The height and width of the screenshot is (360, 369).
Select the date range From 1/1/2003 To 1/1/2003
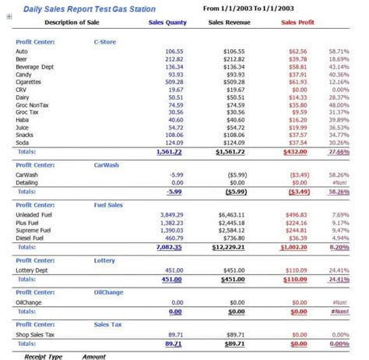253,8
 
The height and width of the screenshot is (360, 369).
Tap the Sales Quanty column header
167,23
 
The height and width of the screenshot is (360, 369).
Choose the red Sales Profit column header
298,23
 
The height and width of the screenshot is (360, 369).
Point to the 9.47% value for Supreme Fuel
340,231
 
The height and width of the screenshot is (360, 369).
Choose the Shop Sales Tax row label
35,333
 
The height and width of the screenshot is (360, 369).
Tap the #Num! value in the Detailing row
340,183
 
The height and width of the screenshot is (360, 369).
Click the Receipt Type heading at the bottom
44,355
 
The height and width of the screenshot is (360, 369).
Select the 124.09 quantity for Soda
174,143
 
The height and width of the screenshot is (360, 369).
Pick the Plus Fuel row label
28,222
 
